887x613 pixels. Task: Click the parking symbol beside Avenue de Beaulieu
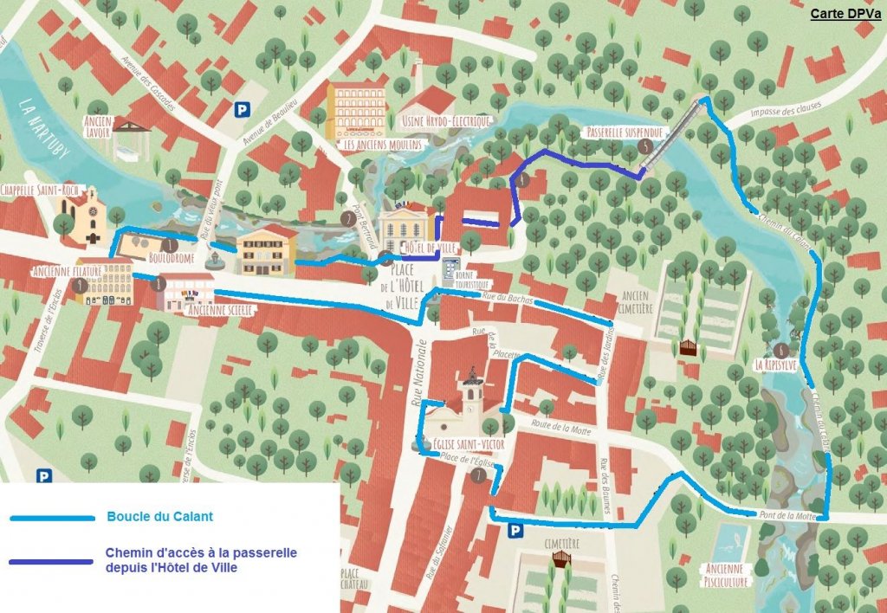[x=243, y=109]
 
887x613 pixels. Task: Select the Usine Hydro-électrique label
[x=447, y=120]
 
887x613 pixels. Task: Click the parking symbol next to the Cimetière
[x=515, y=530]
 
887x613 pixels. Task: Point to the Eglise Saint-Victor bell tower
[x=472, y=388]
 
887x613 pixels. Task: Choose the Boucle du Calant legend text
[x=160, y=518]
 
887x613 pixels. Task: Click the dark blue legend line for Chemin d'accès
[x=52, y=561]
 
